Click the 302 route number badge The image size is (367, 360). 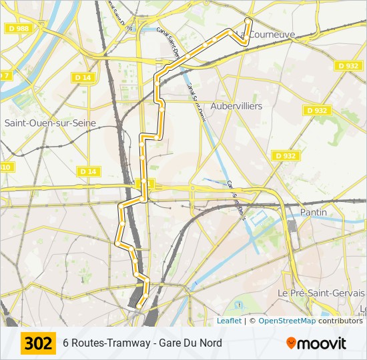pyautogui.click(x=38, y=343)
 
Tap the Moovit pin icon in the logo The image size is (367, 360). pyautogui.click(x=292, y=343)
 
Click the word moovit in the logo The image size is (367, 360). pyautogui.click(x=322, y=344)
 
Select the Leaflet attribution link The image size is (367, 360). pyautogui.click(x=229, y=321)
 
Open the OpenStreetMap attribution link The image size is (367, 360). pyautogui.click(x=287, y=321)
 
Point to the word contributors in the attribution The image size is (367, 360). pyautogui.click(x=340, y=321)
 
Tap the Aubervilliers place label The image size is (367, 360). pyautogui.click(x=236, y=106)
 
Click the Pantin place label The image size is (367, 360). pyautogui.click(x=314, y=212)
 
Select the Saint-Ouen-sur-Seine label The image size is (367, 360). pyautogui.click(x=50, y=123)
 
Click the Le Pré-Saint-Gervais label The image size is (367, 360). pyautogui.click(x=322, y=293)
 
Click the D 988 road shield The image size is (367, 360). pyautogui.click(x=19, y=28)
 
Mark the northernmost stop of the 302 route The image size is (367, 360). pyautogui.click(x=248, y=21)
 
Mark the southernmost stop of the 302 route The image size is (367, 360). pyautogui.click(x=139, y=306)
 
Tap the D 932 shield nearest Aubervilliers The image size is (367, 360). pyautogui.click(x=317, y=111)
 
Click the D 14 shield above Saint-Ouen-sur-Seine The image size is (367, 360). pyautogui.click(x=83, y=78)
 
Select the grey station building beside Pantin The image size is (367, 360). pyautogui.click(x=292, y=226)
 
